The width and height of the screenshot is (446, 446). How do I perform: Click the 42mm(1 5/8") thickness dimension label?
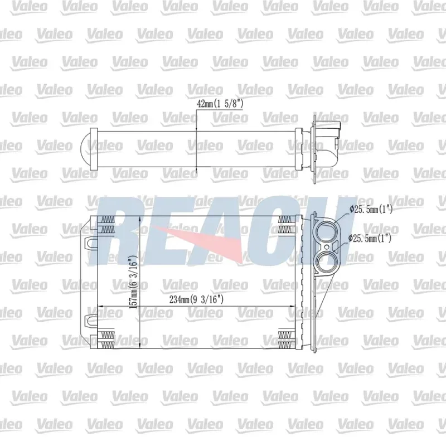(220, 104)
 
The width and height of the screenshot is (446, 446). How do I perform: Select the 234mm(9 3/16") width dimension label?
(196, 299)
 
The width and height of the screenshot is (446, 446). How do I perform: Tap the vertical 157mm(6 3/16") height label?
(133, 282)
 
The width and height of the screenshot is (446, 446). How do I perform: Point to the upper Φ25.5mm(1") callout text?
(371, 210)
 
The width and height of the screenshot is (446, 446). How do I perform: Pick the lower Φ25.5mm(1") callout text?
(370, 238)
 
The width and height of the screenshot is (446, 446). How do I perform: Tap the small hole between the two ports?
(327, 247)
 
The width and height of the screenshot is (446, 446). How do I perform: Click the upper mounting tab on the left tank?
(91, 243)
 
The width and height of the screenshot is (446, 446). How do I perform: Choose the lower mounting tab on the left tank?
(91, 320)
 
